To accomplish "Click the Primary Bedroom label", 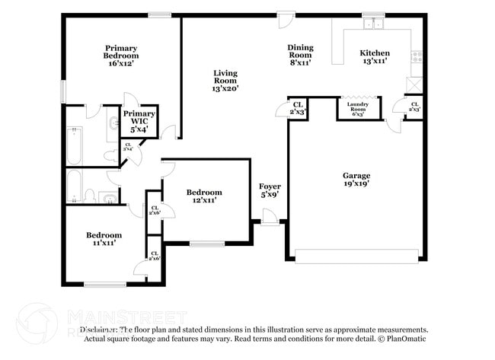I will (121, 52).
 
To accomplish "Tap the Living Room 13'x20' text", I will (225, 81).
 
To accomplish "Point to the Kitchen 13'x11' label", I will (374, 56).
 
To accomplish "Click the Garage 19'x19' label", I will (356, 180).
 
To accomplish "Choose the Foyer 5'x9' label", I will (270, 190).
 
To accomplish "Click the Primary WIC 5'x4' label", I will (139, 122).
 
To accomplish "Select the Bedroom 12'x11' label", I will (204, 196).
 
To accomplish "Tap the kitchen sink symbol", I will (373, 24).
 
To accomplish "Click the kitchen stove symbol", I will (416, 55).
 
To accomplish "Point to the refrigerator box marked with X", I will (415, 84).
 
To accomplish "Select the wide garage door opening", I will (356, 256).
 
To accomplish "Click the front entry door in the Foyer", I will (270, 221).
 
